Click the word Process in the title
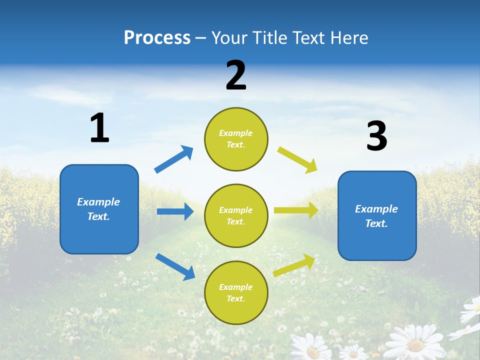[x=157, y=38]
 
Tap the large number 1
[x=99, y=128]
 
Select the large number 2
[x=236, y=75]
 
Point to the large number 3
[x=376, y=136]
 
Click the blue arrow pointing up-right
[x=173, y=159]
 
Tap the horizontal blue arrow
[x=175, y=211]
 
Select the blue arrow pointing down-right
[x=175, y=266]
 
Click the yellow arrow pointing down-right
[x=297, y=160]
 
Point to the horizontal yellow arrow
[x=296, y=210]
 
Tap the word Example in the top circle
[x=236, y=133]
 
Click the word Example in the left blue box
[x=98, y=202]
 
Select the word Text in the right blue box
[x=376, y=223]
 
